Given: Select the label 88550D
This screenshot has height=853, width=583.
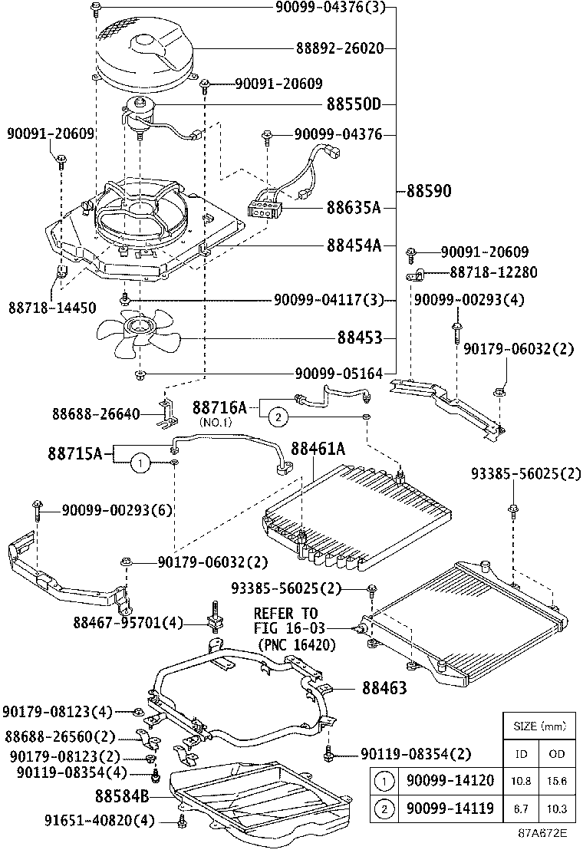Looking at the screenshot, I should pos(354,104).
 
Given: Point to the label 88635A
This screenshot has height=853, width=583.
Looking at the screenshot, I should pos(354,207).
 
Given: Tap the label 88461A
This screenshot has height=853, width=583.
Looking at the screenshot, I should pos(318,448).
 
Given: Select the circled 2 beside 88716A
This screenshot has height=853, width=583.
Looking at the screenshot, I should pos(277,417).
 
